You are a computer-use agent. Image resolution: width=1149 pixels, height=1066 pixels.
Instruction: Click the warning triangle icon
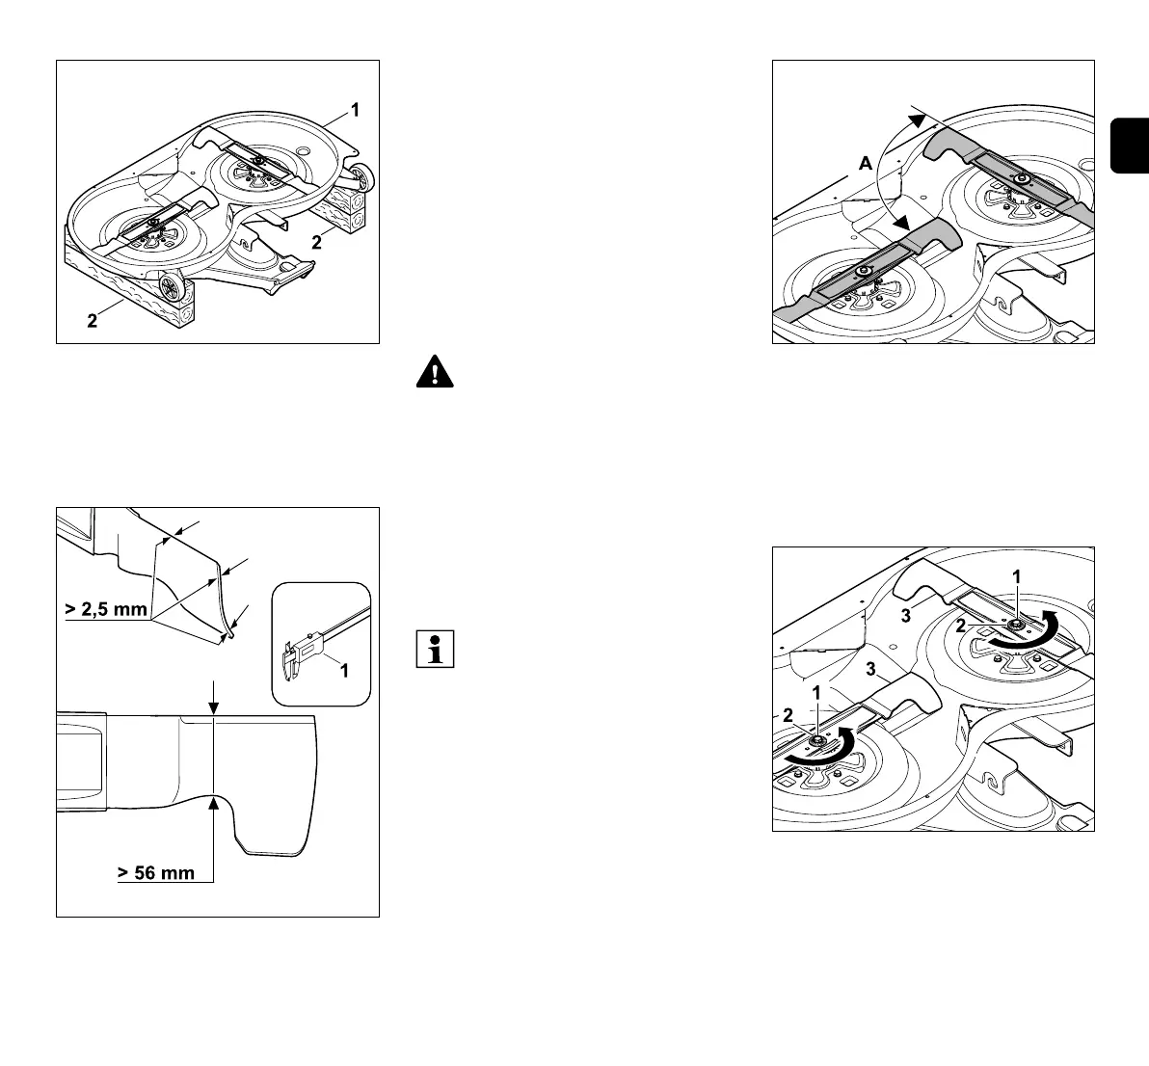(435, 372)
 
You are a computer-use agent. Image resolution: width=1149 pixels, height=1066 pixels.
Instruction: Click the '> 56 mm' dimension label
(156, 873)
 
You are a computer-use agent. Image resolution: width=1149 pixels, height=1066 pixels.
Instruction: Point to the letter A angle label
(866, 165)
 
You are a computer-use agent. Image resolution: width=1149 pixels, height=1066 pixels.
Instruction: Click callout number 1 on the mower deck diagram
(355, 111)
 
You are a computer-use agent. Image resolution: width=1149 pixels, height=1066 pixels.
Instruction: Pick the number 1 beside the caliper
(342, 669)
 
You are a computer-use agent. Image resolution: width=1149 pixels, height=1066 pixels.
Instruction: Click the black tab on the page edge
(1130, 145)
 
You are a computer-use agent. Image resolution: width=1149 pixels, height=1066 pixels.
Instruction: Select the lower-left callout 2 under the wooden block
(93, 323)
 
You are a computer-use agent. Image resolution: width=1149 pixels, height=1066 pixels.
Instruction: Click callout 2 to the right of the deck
(316, 243)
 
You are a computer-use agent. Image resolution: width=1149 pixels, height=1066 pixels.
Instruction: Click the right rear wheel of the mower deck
(365, 177)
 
